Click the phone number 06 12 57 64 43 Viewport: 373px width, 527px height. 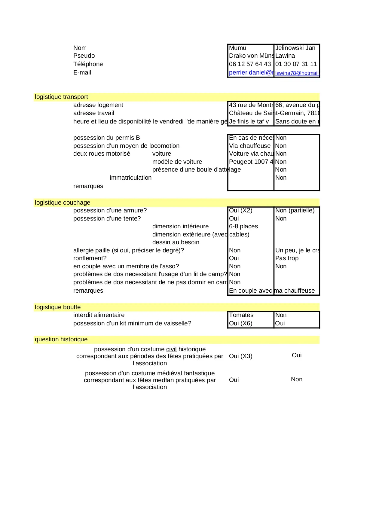coord(250,64)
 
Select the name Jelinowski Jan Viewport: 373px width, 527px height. coord(295,48)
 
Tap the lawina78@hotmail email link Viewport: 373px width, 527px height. coord(297,73)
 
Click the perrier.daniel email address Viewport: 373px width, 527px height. coord(251,72)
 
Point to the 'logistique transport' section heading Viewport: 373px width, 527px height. coord(61,97)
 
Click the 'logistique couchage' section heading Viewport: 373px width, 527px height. coord(63,203)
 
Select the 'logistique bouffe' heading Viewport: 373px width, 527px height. coord(58,307)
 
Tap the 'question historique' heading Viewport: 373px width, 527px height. coord(61,339)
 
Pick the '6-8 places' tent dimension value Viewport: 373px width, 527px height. coord(243,226)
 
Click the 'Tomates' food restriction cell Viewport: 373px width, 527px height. coord(241,315)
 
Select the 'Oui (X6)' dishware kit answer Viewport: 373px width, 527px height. coord(240,323)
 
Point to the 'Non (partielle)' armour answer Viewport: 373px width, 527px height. coord(295,210)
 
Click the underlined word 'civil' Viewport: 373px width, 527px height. coord(171,349)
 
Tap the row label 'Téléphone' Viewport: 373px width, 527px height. coord(88,64)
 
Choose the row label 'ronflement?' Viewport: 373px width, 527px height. coord(90,258)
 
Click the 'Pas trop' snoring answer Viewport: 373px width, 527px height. coord(287,258)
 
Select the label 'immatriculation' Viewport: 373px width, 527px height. coord(130,178)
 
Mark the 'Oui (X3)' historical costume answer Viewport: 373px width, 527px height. coord(240,356)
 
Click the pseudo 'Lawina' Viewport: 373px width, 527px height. coord(285,56)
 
